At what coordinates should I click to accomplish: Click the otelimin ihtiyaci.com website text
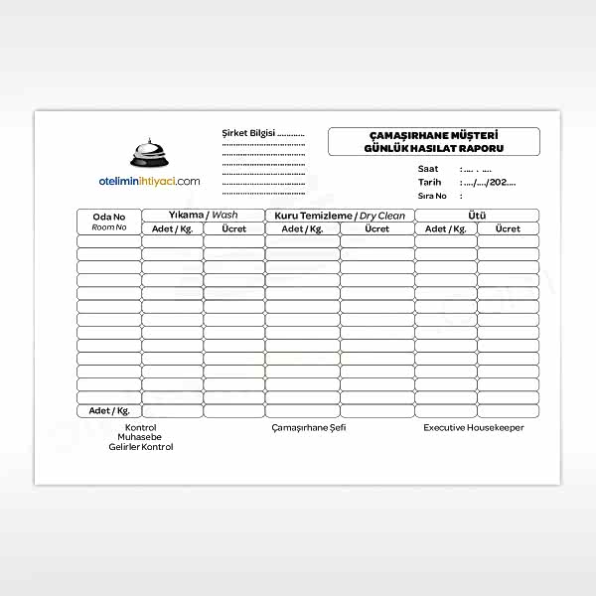150,181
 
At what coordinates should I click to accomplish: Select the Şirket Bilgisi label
248,132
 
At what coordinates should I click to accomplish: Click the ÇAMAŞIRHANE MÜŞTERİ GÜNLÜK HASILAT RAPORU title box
433,141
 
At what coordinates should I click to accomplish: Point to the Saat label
428,169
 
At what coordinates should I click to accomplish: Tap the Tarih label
429,183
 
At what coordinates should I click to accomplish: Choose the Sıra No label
432,197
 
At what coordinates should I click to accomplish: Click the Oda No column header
109,217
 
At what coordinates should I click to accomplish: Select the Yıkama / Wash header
203,216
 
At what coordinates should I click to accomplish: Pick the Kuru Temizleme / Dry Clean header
340,216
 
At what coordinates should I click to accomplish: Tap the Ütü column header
477,216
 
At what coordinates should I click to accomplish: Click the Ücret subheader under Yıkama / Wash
233,228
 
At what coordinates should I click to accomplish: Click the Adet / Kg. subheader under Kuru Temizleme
302,228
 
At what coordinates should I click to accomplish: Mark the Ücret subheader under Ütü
508,228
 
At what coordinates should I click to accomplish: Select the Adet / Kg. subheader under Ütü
446,228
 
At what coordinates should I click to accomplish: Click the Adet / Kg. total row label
109,410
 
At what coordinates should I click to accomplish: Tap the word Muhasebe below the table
140,437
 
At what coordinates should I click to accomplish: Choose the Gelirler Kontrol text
140,447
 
